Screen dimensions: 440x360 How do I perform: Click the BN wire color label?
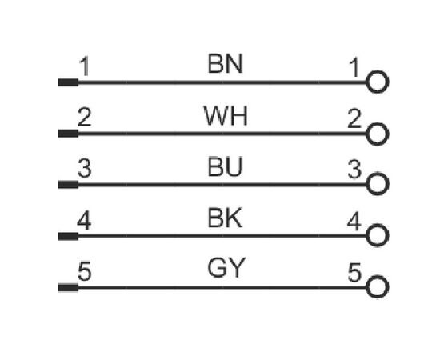pyautogui.click(x=225, y=64)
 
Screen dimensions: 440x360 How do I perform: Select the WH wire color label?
pyautogui.click(x=226, y=116)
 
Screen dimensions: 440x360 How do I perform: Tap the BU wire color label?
pyautogui.click(x=225, y=166)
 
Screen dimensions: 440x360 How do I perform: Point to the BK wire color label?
pyautogui.click(x=225, y=218)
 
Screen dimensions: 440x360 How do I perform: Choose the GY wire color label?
pyautogui.click(x=226, y=268)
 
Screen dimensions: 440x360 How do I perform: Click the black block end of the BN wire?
pyautogui.click(x=68, y=82)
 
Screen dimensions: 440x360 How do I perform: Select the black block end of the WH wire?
pyautogui.click(x=68, y=134)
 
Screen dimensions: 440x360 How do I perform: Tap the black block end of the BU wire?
pyautogui.click(x=68, y=185)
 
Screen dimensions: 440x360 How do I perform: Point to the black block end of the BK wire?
pyautogui.click(x=68, y=236)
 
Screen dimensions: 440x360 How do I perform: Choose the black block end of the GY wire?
pyautogui.click(x=68, y=288)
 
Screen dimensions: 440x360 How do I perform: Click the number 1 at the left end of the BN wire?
pyautogui.click(x=85, y=66)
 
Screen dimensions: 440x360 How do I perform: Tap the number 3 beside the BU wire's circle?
pyautogui.click(x=354, y=169)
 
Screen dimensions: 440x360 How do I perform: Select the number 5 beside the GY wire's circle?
pyautogui.click(x=354, y=272)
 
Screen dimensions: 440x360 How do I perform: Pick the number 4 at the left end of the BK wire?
pyautogui.click(x=84, y=221)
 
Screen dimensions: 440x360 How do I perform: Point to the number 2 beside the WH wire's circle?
pyautogui.click(x=354, y=118)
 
